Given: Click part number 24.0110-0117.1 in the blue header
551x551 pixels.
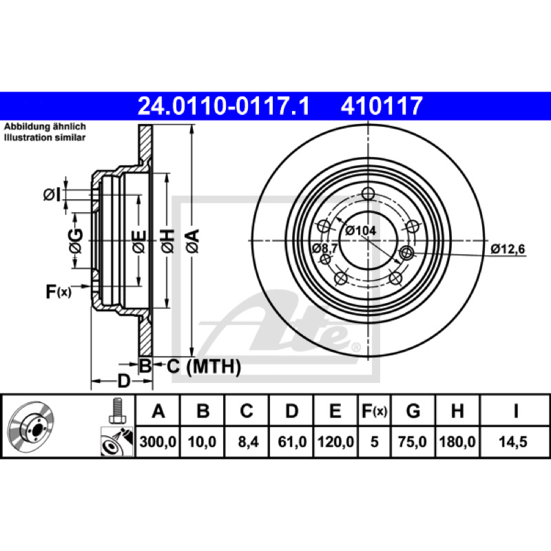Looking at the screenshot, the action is point(223,106).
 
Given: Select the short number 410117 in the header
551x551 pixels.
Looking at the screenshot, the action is point(382,106).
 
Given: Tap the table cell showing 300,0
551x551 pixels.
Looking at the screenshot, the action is point(158,441).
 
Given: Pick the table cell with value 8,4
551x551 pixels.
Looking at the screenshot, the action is point(248,441).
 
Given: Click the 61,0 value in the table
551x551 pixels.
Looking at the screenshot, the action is point(292,441).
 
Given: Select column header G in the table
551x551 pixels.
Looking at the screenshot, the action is point(413,410).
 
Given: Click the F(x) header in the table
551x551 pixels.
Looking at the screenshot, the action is point(374,410).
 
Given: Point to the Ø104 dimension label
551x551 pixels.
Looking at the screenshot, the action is point(360,231).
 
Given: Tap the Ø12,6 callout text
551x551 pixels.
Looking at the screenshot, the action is point(508,249).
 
